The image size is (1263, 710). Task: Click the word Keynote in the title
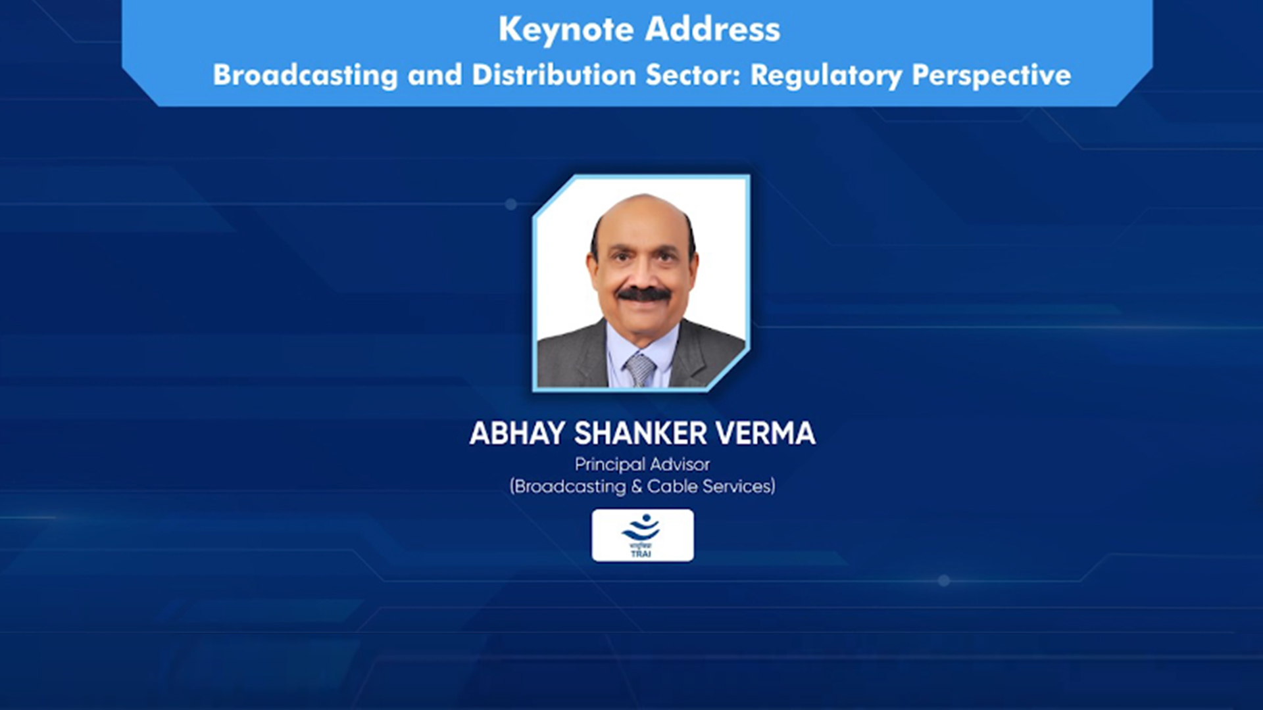tap(566, 30)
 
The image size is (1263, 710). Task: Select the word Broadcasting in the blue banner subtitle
tap(305, 76)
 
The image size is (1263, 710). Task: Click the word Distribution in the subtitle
tap(555, 74)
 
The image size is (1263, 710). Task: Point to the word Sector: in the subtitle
tap(693, 75)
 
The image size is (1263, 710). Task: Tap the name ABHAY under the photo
tap(517, 433)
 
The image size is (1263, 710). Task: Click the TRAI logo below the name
tap(642, 535)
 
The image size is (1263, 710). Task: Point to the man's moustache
tap(644, 295)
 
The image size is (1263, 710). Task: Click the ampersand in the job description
tap(636, 486)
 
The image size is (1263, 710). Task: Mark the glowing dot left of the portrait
tap(511, 204)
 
